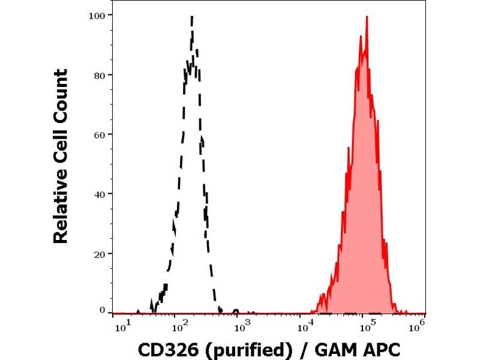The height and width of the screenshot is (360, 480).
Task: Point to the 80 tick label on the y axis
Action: pos(100,75)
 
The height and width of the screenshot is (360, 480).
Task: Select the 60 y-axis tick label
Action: pos(100,134)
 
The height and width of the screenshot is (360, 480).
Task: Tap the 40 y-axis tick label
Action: pos(100,194)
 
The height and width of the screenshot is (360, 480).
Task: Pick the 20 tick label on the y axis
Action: pos(100,254)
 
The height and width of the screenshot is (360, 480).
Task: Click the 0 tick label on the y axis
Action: pos(102,310)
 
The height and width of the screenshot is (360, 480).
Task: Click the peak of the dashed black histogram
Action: pos(191,17)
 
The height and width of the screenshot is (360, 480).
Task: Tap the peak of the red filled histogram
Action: pos(366,17)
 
